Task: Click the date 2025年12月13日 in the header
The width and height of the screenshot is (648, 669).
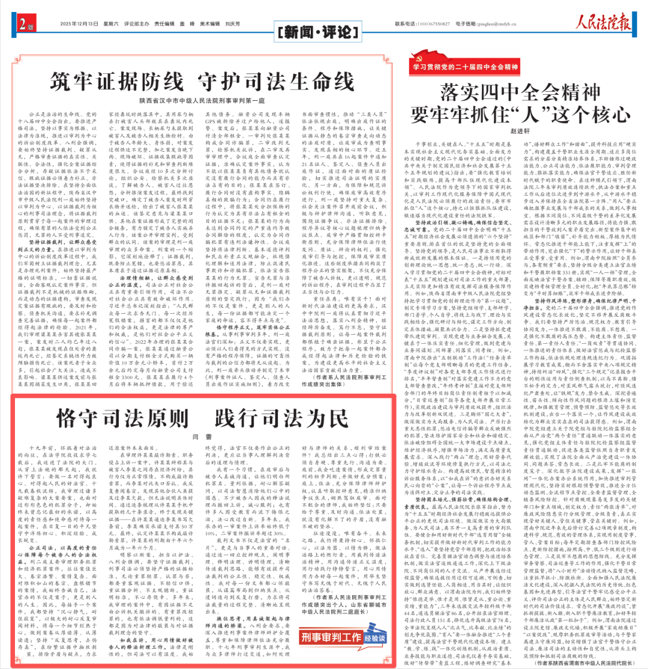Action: (x=79, y=25)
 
